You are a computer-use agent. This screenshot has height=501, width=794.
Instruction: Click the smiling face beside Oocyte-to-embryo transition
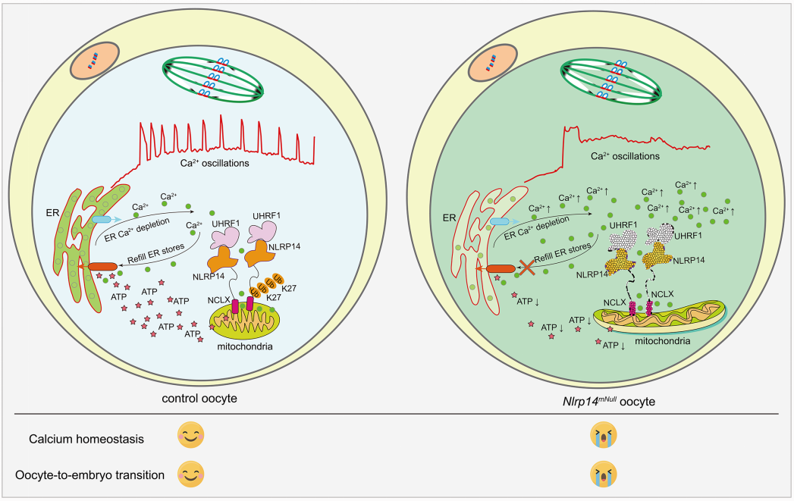pyautogui.click(x=190, y=475)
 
